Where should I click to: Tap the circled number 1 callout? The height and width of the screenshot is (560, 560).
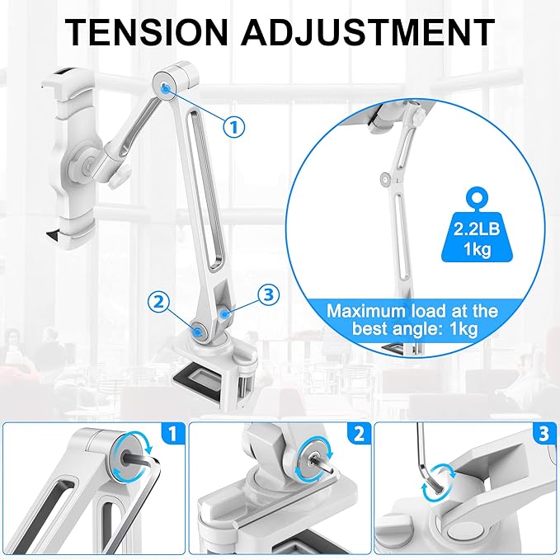point(235,126)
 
